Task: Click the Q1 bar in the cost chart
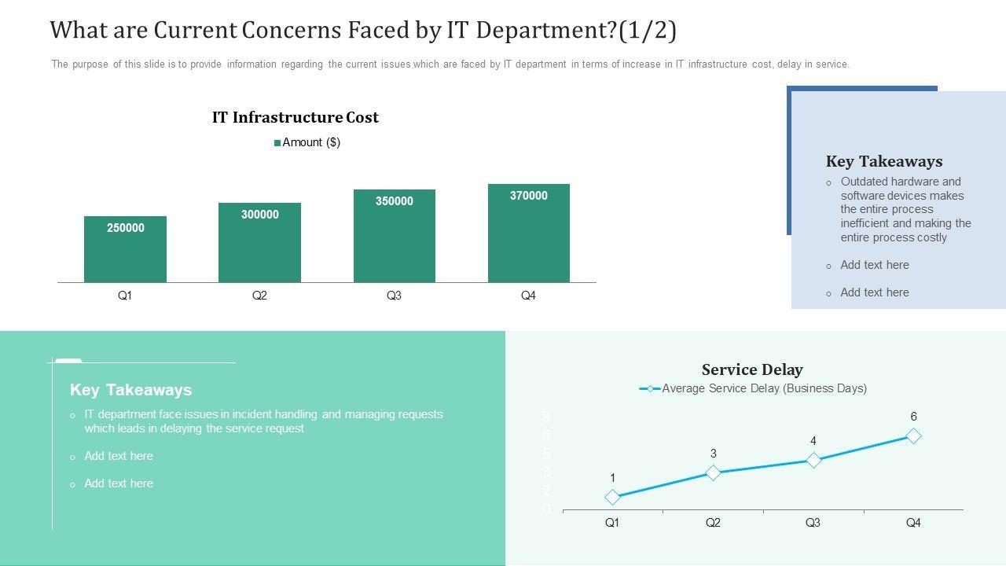[x=125, y=249]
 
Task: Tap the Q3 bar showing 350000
[x=394, y=236]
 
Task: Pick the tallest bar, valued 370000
[x=528, y=233]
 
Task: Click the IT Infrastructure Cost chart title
[x=295, y=117]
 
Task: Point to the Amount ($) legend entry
[x=307, y=142]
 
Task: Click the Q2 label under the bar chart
[x=259, y=296]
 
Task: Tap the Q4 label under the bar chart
[x=528, y=296]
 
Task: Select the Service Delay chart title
[x=752, y=369]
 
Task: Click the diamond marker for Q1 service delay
[x=612, y=497]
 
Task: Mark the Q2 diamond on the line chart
[x=713, y=472]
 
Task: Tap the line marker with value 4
[x=813, y=460]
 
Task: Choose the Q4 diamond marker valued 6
[x=913, y=436]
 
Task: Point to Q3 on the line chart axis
[x=813, y=523]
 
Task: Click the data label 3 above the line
[x=713, y=454]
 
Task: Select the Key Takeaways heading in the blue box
[x=883, y=161]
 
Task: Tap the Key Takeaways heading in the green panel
[x=130, y=390]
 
